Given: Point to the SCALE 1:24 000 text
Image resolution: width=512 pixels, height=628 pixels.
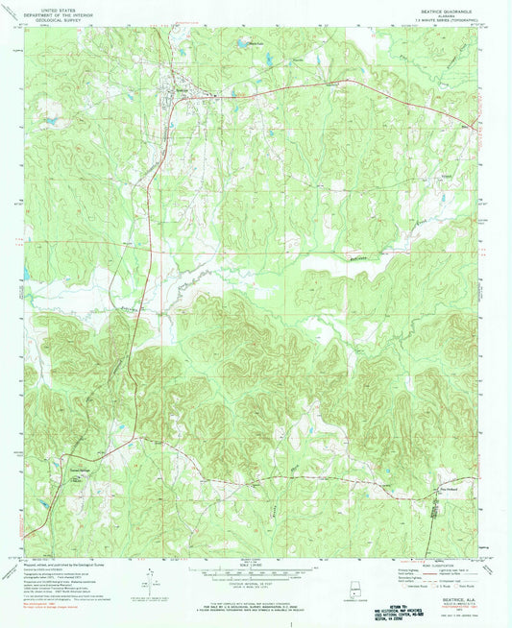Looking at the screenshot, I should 256,566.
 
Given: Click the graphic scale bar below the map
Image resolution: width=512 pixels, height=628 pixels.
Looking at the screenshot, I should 256,574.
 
